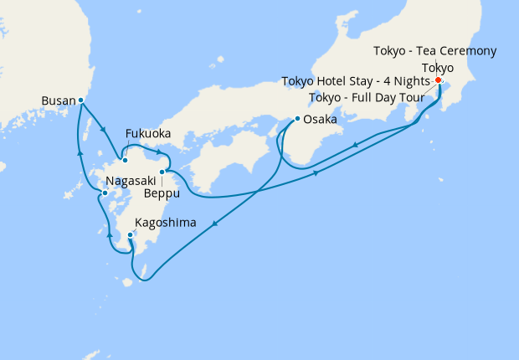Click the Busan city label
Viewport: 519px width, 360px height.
coord(58,101)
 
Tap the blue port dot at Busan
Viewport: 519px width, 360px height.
coord(80,100)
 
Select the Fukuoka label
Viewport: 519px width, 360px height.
coord(148,134)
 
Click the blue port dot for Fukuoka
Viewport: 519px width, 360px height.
coord(124,159)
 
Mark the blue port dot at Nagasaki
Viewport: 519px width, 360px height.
coord(105,193)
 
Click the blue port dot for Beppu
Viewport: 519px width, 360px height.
coord(162,171)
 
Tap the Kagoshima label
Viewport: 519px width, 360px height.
coord(165,223)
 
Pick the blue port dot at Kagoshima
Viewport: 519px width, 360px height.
coord(131,235)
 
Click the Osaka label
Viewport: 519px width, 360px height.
coord(320,120)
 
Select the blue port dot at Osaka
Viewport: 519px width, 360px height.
coord(296,119)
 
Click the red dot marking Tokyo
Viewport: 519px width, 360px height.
coord(439,80)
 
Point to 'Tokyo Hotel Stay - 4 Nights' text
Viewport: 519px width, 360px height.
coord(357,81)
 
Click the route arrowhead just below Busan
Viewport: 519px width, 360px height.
coord(103,129)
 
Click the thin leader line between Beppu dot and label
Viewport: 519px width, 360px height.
coord(162,180)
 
